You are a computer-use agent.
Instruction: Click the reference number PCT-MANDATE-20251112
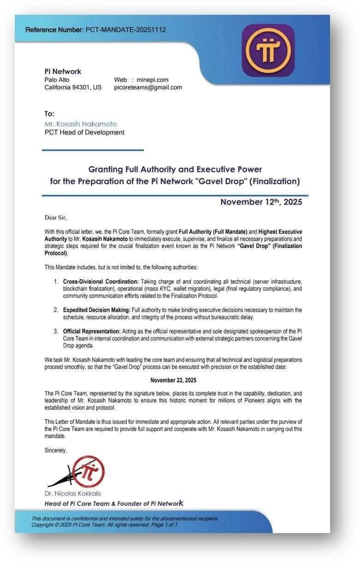(125, 30)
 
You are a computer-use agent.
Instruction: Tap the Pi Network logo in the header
(268, 50)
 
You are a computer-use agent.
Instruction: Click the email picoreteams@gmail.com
(148, 87)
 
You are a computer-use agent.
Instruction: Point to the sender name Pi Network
(63, 71)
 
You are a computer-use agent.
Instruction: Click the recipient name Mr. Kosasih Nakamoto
(80, 124)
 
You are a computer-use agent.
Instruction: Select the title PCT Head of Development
(84, 132)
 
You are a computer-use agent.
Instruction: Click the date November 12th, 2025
(261, 202)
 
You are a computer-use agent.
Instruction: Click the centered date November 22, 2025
(173, 380)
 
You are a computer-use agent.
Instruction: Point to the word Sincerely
(55, 450)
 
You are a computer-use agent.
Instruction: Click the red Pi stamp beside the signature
(90, 471)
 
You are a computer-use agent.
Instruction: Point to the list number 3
(56, 331)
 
